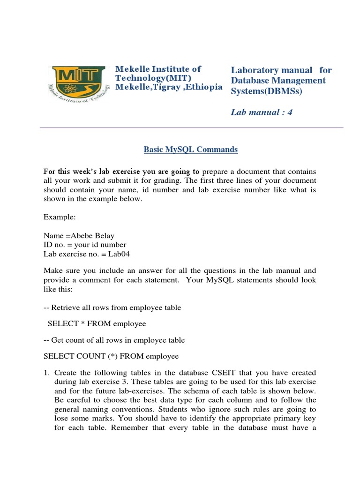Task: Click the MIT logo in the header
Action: coord(78,85)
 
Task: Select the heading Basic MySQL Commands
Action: coord(190,150)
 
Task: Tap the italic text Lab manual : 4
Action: coord(262,112)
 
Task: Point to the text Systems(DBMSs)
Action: coord(266,91)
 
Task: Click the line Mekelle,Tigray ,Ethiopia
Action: coord(169,88)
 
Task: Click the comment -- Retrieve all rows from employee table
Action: coord(112,307)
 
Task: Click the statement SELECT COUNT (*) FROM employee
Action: coord(111,356)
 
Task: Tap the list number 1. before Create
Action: coord(46,372)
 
